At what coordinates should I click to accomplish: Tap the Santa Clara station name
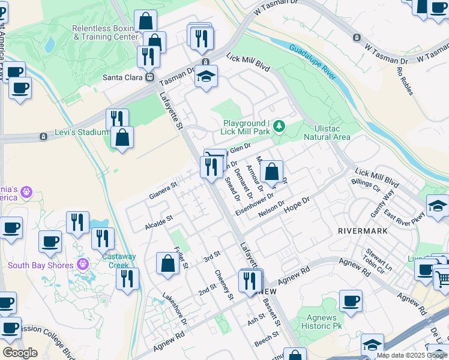[122, 77]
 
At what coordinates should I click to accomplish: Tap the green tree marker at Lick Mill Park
[279, 127]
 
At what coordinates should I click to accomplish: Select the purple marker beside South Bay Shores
[83, 265]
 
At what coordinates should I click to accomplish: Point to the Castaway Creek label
[119, 260]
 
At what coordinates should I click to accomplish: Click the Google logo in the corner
[20, 352]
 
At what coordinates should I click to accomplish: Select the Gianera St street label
[163, 191]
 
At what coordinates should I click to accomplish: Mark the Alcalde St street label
[158, 223]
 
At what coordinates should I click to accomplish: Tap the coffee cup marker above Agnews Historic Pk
[351, 301]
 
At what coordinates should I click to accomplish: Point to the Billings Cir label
[366, 185]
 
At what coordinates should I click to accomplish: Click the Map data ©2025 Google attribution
[412, 355]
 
